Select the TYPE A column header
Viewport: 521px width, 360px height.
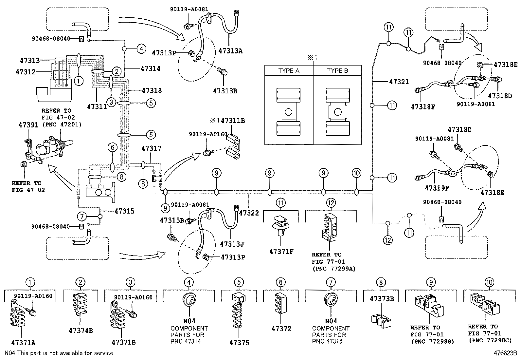point(289,71)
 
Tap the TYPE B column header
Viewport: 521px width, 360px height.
point(337,71)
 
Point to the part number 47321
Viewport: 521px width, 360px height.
point(399,82)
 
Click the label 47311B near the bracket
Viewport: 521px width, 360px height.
point(233,121)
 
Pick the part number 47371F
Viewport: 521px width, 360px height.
point(281,252)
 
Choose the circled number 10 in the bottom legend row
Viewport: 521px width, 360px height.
point(490,282)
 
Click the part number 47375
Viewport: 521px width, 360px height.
point(239,343)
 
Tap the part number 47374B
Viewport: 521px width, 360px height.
point(81,331)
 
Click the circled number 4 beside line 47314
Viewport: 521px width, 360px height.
point(141,49)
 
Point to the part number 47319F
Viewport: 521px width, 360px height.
point(434,188)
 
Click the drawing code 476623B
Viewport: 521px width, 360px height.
point(505,353)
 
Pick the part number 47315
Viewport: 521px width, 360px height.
point(124,211)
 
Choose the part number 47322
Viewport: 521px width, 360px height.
point(249,213)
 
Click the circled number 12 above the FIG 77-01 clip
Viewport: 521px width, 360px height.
point(331,203)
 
